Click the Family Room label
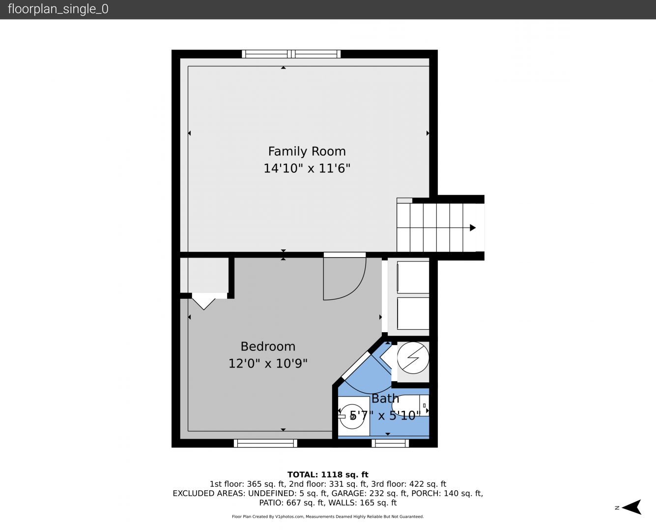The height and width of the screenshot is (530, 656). point(307,151)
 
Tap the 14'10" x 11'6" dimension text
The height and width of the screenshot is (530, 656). point(307,168)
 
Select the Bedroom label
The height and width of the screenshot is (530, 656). point(268,346)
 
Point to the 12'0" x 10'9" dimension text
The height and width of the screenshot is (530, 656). point(268,363)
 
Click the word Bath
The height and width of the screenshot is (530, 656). point(385,398)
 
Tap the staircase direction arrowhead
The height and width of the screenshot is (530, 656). point(473,228)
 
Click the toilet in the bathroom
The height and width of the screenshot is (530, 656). point(410,405)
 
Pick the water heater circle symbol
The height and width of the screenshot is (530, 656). point(413,358)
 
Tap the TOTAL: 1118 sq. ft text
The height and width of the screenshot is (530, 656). point(328,475)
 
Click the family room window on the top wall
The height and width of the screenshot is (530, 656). point(291,54)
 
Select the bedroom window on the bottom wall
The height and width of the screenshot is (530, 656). point(265,443)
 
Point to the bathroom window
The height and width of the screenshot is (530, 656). point(390,443)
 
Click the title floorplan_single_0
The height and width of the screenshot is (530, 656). point(58,9)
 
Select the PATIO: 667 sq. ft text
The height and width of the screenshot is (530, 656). point(292,503)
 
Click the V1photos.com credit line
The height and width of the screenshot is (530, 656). point(328,516)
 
